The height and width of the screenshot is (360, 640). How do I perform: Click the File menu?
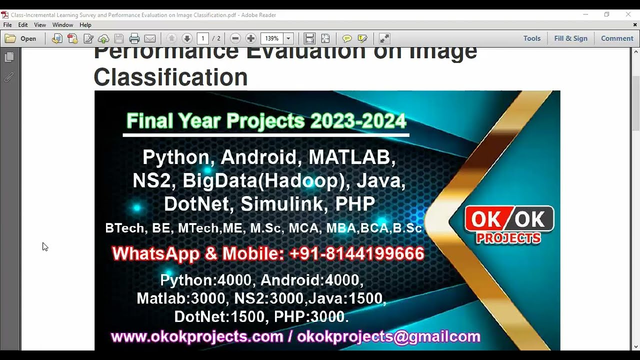coord(7,25)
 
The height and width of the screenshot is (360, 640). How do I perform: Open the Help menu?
coord(85,25)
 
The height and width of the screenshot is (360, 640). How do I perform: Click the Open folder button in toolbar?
coord(21,38)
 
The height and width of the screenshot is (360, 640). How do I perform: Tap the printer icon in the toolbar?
coord(134,38)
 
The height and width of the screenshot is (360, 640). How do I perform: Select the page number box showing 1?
coord(202,38)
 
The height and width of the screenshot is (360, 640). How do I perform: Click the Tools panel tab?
coord(531,38)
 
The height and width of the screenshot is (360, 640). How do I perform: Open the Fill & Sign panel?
coord(570,38)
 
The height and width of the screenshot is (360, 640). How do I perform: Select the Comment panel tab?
coord(616,38)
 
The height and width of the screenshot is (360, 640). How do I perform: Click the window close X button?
coord(628,14)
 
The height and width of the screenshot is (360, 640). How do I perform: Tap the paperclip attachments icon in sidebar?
coord(9,77)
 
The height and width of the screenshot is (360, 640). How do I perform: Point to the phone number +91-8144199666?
coord(356,254)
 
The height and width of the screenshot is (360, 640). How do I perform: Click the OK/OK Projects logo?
coord(509,224)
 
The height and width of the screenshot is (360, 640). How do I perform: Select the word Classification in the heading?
coord(170,77)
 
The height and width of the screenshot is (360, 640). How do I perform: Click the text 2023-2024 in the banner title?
coord(358,121)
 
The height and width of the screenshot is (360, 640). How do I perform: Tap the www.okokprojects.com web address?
coord(197,337)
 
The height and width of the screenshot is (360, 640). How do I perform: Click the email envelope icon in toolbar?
coord(150,38)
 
